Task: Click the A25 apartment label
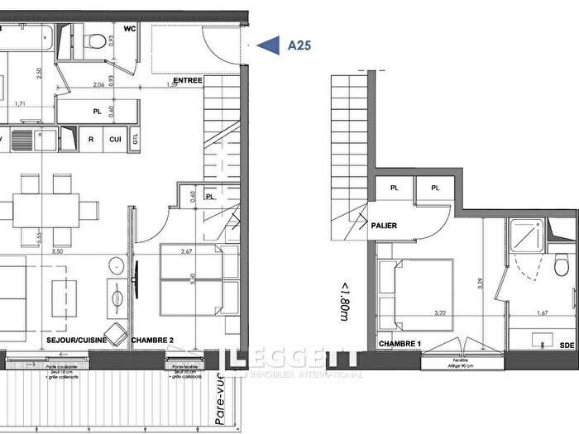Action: pos(299,46)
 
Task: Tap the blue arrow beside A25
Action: pos(269,46)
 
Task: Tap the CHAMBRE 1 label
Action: pos(401,343)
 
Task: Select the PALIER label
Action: pos(385,225)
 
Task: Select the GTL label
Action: pos(135,140)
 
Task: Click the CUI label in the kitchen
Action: pos(115,140)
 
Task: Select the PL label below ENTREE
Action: pos(97,109)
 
